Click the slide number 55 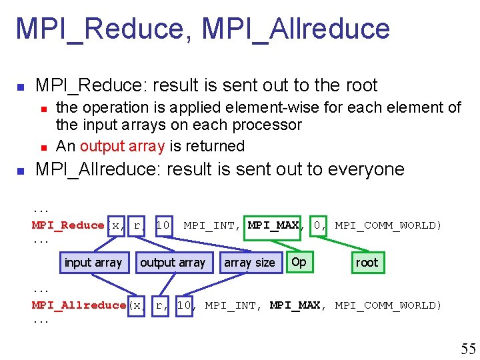coord(468,348)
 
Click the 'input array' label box coord(93,263)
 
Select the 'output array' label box coord(173,263)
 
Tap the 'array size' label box coord(249,263)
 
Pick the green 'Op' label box coord(299,262)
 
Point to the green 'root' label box coord(367,263)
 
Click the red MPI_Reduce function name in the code coord(68,225)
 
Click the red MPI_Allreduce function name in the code coord(79,305)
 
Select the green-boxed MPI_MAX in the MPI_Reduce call coord(273,225)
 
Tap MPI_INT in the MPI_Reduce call coord(209,225)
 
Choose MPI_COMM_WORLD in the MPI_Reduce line coord(387,225)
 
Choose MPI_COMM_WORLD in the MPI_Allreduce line coord(387,305)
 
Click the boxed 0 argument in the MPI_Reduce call coord(317,225)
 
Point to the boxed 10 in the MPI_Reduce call coord(162,225)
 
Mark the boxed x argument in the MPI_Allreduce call coord(136,305)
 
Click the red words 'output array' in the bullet coord(121,146)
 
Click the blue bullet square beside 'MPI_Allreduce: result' coord(21,171)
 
